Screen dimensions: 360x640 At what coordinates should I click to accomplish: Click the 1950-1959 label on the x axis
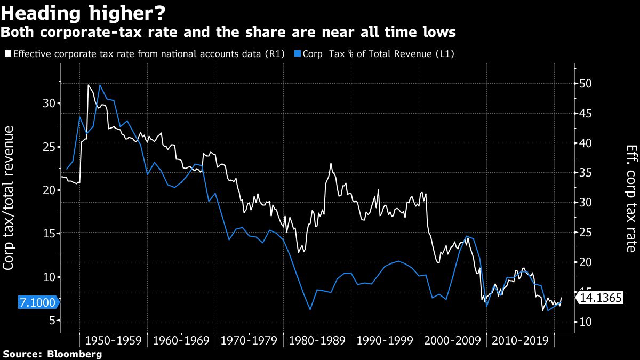(113, 340)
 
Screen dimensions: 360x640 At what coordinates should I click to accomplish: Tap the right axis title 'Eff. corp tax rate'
(630, 198)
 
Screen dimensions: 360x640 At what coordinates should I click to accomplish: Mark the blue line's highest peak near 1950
(100, 85)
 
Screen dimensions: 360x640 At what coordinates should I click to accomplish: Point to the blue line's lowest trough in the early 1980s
(310, 309)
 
